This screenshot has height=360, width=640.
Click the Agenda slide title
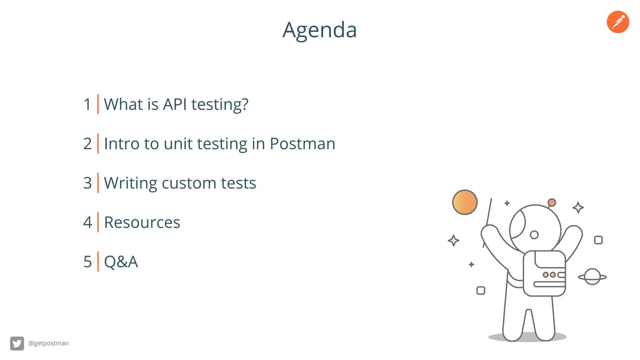319,30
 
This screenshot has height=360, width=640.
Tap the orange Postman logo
618,22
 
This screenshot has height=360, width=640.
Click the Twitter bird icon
17,343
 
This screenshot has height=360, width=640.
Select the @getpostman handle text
48,343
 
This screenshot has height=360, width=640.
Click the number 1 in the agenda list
87,104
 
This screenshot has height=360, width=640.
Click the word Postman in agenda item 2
302,144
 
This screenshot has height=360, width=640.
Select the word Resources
142,222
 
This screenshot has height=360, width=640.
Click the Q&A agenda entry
121,262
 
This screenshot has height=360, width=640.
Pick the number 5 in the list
87,262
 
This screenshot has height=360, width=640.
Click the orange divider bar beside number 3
98,183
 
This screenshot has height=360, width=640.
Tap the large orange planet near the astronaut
465,202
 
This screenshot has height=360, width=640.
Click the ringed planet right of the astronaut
592,277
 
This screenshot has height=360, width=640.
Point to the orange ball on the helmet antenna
552,202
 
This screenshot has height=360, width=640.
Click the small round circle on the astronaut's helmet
534,235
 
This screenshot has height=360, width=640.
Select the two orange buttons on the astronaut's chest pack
549,275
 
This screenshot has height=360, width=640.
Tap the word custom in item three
188,183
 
